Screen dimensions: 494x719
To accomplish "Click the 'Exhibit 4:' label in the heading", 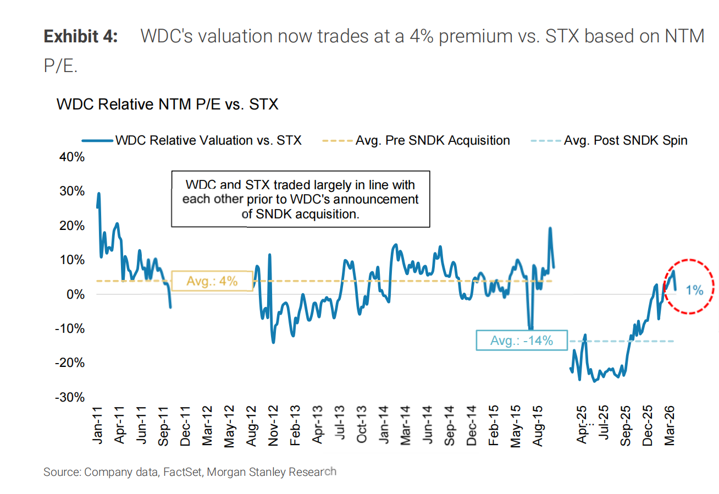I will pyautogui.click(x=80, y=37).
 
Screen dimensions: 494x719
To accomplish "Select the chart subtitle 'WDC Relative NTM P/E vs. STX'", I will pyautogui.click(x=167, y=104).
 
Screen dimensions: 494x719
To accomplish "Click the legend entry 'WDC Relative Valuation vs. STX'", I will pyautogui.click(x=208, y=140).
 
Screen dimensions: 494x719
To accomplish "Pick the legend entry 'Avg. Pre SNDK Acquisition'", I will pyautogui.click(x=432, y=140).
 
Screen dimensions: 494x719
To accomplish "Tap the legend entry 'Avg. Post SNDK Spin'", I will pyautogui.click(x=625, y=140).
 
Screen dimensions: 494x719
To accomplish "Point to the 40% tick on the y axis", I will pyautogui.click(x=72, y=157).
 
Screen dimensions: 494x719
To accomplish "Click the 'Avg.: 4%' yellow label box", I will pyautogui.click(x=212, y=281).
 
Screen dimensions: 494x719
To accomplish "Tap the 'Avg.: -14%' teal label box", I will pyautogui.click(x=521, y=341).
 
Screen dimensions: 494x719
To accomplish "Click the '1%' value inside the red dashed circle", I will pyautogui.click(x=695, y=290).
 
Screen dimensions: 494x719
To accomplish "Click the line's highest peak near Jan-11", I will pyautogui.click(x=99, y=193).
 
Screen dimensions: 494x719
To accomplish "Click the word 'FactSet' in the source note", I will pyautogui.click(x=183, y=472).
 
